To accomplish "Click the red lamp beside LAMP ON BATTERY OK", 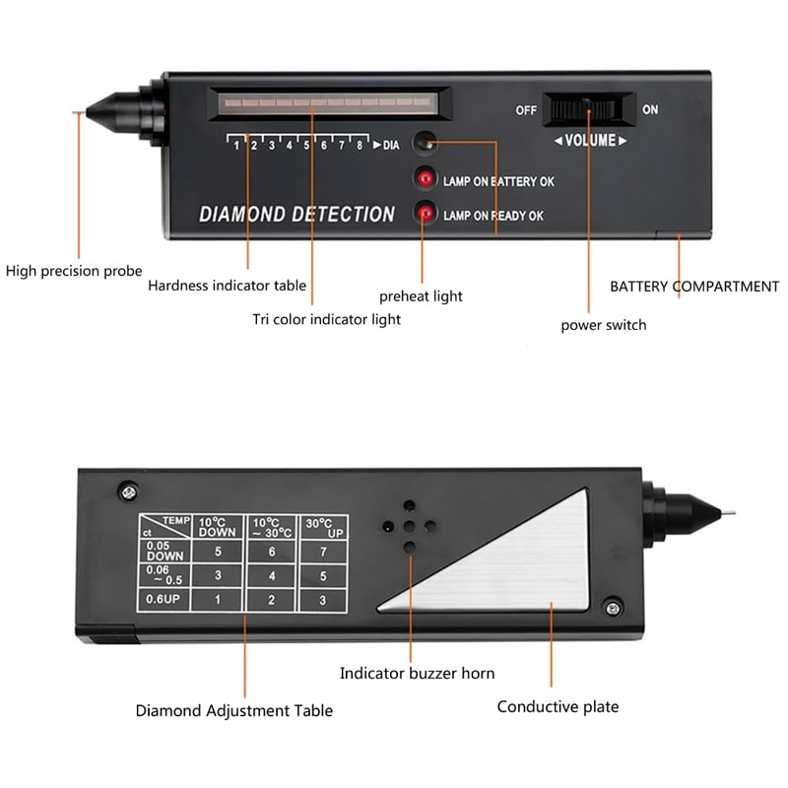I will (425, 178).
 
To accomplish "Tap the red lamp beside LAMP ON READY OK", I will (425, 211).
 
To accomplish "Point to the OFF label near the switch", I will (526, 110).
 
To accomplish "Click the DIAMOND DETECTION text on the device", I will (296, 214).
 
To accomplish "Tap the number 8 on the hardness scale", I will (360, 145).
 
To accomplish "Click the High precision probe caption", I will (74, 270).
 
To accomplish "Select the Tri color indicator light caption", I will (326, 319).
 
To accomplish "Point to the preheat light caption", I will (421, 295).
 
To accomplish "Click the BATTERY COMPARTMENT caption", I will (694, 287).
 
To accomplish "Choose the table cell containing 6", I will (271, 552).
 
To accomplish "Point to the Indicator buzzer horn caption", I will (417, 674).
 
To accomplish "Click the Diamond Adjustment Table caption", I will (233, 710).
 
